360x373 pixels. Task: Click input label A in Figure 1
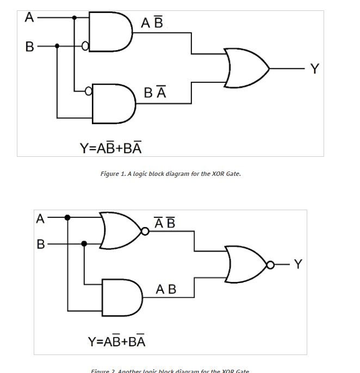29,17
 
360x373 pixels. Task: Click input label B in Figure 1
29,47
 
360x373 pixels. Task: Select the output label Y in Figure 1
314,69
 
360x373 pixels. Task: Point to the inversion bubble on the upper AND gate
85,46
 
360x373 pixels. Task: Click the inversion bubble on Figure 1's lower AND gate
89,90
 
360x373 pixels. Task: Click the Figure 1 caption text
170,174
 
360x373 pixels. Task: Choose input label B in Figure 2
40,244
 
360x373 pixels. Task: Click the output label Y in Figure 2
297,265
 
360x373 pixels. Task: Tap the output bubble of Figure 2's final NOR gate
270,265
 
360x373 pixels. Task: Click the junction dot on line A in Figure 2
67,218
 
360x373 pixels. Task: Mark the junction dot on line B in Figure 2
84,244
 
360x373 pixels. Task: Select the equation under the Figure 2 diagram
117,341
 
